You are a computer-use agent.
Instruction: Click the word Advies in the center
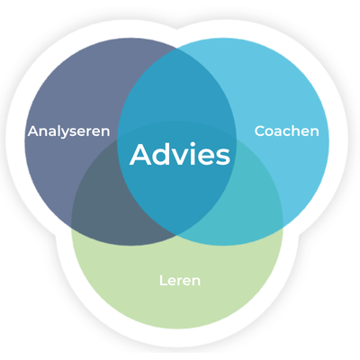[x=180, y=154]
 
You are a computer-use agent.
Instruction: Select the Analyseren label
[x=68, y=131]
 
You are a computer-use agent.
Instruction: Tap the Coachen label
[x=286, y=131]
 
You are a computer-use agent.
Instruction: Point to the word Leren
[x=180, y=281]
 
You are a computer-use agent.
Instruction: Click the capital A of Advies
[x=140, y=154]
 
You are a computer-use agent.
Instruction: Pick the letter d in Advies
[x=162, y=154]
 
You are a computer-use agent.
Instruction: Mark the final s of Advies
[x=223, y=157]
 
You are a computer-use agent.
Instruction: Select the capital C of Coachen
[x=260, y=131]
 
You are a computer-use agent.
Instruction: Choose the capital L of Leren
[x=163, y=281]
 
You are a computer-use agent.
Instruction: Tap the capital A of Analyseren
[x=33, y=131]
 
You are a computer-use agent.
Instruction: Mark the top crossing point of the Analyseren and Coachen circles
[x=177, y=48]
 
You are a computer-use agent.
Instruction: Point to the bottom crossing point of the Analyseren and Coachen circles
[x=176, y=235]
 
